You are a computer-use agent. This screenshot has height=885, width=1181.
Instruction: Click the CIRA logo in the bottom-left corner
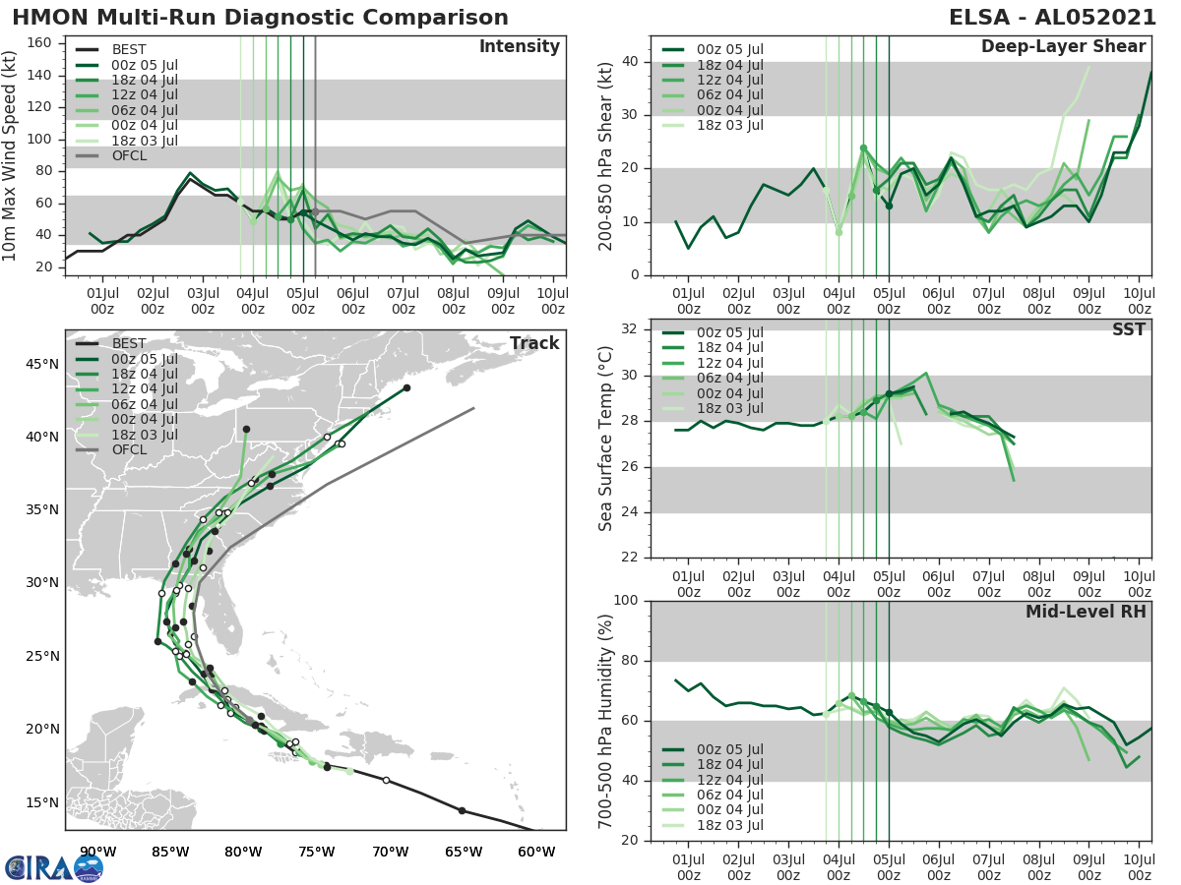[54, 867]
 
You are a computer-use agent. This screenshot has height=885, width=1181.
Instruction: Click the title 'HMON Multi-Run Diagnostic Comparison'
[260, 18]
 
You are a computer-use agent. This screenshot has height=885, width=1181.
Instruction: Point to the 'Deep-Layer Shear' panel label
[1063, 47]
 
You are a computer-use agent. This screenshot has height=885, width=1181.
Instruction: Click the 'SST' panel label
[1129, 329]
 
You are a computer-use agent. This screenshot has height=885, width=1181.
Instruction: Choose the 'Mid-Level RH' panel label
[1086, 612]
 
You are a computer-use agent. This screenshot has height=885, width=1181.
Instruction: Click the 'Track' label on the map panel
[534, 343]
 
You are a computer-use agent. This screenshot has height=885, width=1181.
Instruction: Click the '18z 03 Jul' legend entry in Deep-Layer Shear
[727, 125]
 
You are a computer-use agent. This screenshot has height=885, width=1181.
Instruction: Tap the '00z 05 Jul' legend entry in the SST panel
[727, 332]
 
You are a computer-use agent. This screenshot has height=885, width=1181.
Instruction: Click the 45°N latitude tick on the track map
[42, 365]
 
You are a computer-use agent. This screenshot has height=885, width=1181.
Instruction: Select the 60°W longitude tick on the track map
[536, 852]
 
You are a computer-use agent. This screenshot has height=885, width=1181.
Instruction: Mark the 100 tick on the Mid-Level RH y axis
[626, 601]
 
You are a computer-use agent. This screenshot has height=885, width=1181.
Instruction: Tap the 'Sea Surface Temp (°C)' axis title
[606, 439]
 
